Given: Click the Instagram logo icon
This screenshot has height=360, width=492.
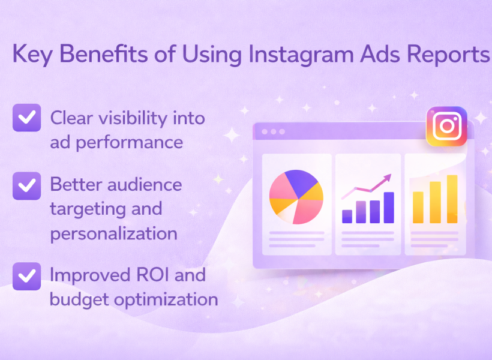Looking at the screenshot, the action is [446, 126].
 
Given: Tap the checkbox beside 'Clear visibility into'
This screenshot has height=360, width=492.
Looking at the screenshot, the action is [26, 118].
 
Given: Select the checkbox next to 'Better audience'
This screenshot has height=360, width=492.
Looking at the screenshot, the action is [26, 186].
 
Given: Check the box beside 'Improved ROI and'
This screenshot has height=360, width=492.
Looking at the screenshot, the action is [26, 276].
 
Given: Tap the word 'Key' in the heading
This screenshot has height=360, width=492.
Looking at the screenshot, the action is [32, 55].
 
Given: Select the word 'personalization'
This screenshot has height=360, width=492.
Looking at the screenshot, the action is [113, 234].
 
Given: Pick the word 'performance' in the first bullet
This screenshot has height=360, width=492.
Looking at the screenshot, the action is [129, 143].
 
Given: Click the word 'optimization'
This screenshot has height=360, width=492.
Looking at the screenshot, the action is [166, 300].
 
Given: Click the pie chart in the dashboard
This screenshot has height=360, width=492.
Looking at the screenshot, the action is [296, 197].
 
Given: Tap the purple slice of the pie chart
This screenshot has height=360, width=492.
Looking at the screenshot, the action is [301, 182].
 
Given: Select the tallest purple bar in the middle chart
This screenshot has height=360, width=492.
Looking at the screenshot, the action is [389, 208].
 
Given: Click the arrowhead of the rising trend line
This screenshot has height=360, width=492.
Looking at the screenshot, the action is [388, 178].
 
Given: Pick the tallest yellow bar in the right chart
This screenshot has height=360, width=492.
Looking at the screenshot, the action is [452, 199].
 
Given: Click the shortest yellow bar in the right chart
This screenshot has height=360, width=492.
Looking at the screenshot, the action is [418, 207].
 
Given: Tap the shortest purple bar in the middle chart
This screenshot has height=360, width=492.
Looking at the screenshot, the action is [347, 217].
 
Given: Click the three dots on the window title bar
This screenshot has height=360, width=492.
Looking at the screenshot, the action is [273, 131].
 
